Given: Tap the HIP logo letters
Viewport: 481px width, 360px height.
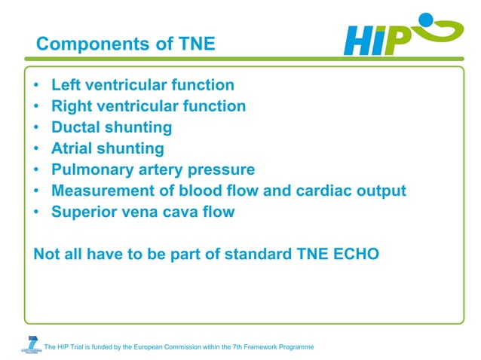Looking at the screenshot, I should point(377,40).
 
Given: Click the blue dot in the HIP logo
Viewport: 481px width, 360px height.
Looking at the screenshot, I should point(427,20).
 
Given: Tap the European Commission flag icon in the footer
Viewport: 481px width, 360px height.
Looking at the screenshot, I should point(30,344).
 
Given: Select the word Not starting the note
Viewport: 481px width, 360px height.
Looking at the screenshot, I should point(47,254).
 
